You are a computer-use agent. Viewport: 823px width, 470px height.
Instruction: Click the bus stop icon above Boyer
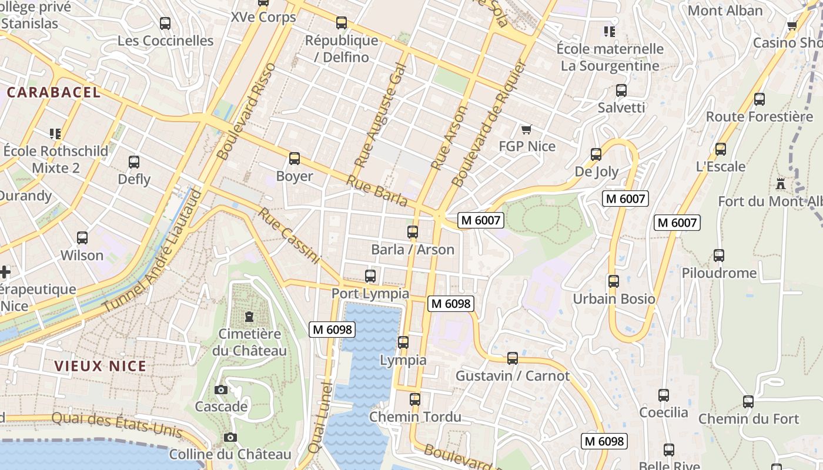click(295, 159)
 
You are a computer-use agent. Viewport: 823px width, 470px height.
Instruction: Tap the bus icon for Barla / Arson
click(413, 232)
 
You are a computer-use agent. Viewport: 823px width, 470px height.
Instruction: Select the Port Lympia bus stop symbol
click(370, 276)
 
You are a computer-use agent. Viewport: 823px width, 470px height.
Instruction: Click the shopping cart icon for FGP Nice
click(527, 129)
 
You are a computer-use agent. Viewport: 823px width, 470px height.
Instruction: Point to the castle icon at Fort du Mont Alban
click(781, 184)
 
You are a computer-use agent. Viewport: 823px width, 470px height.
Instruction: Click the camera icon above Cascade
click(221, 390)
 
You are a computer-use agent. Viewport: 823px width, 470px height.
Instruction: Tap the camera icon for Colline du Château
click(230, 438)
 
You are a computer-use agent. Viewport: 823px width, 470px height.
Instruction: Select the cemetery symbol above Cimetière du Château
click(249, 317)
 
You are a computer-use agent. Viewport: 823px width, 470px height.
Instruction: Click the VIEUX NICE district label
click(100, 366)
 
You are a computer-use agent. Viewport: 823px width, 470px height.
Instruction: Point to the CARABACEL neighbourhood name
click(54, 92)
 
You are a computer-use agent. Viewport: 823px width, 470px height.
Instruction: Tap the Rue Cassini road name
click(289, 236)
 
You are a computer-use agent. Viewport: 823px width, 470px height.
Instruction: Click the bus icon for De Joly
click(596, 155)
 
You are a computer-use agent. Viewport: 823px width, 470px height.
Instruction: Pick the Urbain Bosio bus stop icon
click(614, 281)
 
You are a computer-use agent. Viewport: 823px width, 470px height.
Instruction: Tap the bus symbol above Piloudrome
click(719, 256)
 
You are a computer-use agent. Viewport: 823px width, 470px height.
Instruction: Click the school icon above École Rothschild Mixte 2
click(55, 134)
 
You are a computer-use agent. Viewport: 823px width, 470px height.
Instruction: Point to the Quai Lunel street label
click(320, 417)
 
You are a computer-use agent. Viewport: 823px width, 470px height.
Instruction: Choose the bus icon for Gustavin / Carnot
click(513, 358)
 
